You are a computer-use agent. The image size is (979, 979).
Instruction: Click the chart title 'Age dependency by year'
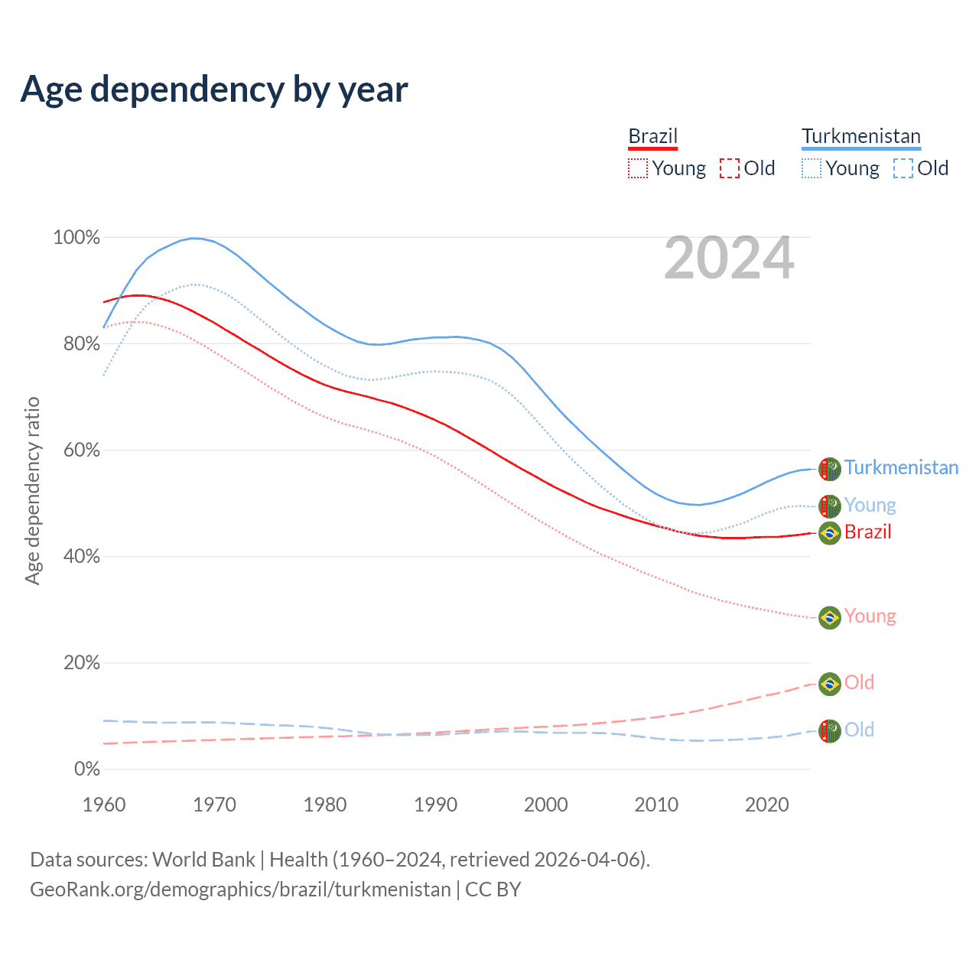[214, 89]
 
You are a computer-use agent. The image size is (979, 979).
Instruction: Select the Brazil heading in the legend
[652, 136]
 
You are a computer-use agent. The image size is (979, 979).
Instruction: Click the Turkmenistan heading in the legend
[860, 136]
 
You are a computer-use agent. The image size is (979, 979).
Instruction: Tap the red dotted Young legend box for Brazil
[638, 168]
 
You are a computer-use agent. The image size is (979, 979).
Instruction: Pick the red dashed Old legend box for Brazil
[730, 168]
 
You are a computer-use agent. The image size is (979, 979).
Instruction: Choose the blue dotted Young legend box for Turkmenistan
[811, 168]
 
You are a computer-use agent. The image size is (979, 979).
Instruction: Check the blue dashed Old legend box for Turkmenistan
[903, 168]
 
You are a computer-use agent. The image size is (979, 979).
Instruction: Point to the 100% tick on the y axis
[76, 238]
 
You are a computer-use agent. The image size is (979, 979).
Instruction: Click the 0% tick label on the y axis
[86, 769]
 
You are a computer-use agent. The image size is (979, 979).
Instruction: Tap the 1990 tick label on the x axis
[435, 805]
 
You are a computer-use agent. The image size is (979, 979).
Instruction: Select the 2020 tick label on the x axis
[766, 805]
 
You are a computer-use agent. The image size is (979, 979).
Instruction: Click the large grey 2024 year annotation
[729, 259]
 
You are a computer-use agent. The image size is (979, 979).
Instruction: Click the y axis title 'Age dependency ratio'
[32, 490]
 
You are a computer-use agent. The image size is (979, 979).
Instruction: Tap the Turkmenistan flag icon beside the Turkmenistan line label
[830, 469]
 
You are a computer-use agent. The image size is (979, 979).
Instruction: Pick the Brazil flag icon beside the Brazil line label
[830, 532]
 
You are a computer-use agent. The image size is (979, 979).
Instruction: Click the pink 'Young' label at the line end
[870, 616]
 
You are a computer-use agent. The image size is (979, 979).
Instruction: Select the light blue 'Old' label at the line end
[859, 730]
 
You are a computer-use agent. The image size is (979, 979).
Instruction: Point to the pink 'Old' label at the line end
[859, 682]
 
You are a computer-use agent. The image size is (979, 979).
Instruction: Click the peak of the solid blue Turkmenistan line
[194, 238]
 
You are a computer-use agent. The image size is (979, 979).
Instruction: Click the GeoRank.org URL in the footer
[240, 890]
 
